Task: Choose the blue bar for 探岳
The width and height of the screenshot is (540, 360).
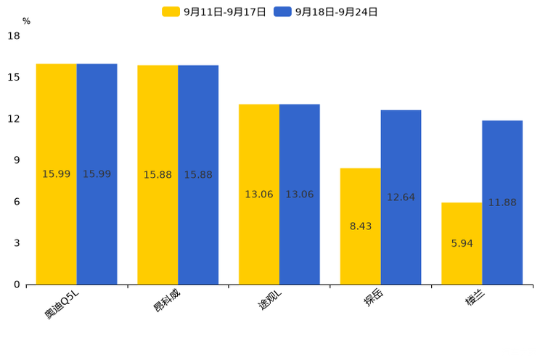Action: [x=401, y=160]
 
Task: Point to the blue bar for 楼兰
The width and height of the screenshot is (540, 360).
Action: [x=502, y=167]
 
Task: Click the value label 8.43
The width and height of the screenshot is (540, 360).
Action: [x=361, y=226]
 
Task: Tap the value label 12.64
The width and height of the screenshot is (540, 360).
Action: [x=401, y=197]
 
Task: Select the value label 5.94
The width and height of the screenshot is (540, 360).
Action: [x=462, y=244]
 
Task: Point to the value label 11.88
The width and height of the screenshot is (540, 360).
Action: [x=502, y=202]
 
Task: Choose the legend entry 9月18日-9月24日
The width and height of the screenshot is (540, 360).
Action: [x=326, y=12]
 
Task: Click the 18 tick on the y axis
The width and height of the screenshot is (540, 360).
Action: [x=13, y=36]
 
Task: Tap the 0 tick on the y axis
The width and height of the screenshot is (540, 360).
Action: [x=17, y=285]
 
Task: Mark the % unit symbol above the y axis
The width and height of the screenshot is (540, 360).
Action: [x=26, y=21]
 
